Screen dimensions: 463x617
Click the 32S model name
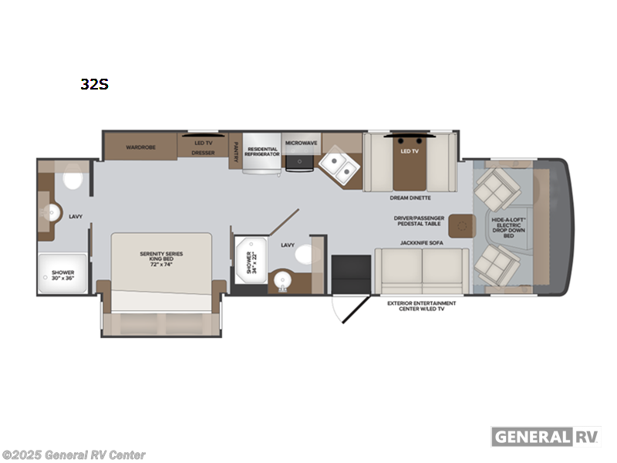[94, 85]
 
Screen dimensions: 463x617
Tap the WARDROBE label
[141, 146]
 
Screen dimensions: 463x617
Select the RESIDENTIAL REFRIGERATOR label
[262, 152]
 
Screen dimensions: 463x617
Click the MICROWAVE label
[301, 144]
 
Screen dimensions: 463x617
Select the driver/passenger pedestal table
[460, 225]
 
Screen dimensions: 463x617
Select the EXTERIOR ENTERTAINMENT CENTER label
[421, 306]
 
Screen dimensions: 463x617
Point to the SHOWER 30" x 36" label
[62, 275]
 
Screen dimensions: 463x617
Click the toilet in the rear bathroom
[74, 181]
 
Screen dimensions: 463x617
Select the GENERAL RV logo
[545, 436]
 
